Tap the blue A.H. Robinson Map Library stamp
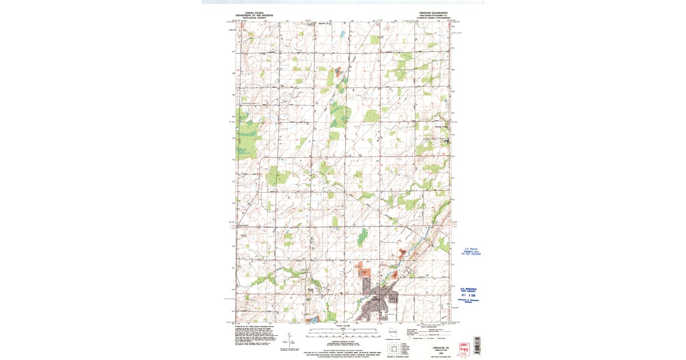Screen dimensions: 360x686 [x=467, y=289]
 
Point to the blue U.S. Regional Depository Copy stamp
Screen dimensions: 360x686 [x=472, y=251]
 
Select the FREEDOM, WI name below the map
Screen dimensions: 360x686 [x=433, y=347]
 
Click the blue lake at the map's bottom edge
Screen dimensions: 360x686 [x=313, y=319]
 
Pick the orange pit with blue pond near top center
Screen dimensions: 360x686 [x=337, y=72]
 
